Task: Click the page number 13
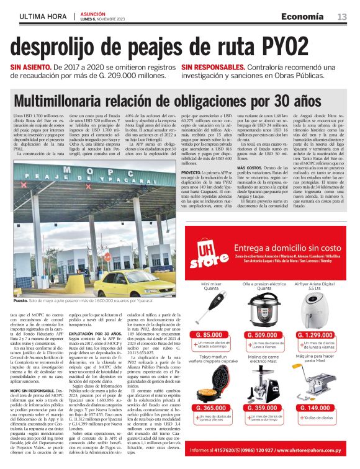342,17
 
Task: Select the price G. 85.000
209,335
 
